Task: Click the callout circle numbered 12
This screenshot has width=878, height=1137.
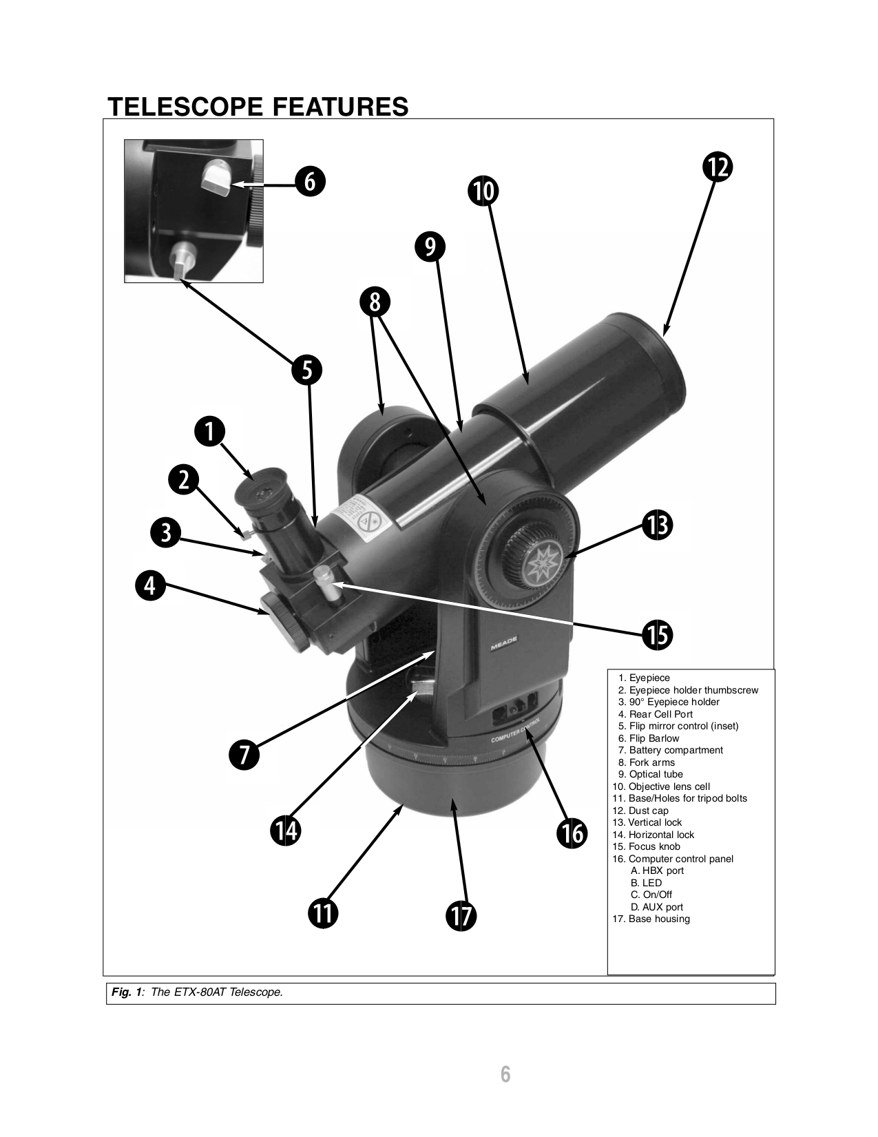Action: click(x=718, y=167)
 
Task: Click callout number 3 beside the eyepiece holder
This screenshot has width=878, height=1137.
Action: click(x=165, y=534)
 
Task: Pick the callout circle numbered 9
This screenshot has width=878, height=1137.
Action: click(x=430, y=247)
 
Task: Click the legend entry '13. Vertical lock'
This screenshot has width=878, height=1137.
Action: click(x=647, y=822)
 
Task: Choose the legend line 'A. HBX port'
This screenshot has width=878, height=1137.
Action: click(x=657, y=870)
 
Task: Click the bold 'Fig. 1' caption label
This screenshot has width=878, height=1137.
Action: click(x=128, y=992)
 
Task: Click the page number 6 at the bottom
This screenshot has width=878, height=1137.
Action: click(x=505, y=1074)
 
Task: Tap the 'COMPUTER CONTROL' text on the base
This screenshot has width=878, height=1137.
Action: click(x=515, y=731)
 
